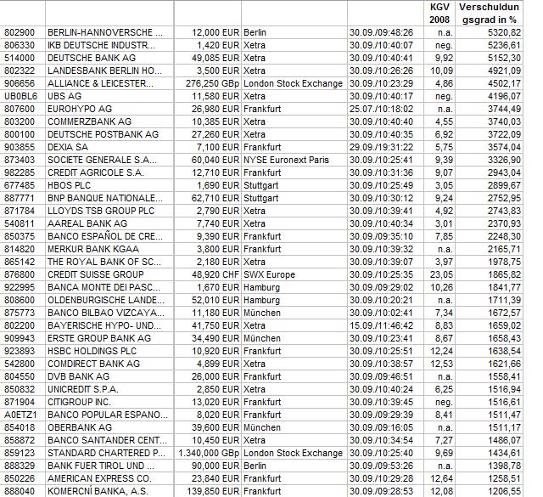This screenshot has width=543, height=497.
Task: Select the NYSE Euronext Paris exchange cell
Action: click(x=288, y=160)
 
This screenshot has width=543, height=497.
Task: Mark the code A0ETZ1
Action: click(x=20, y=415)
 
